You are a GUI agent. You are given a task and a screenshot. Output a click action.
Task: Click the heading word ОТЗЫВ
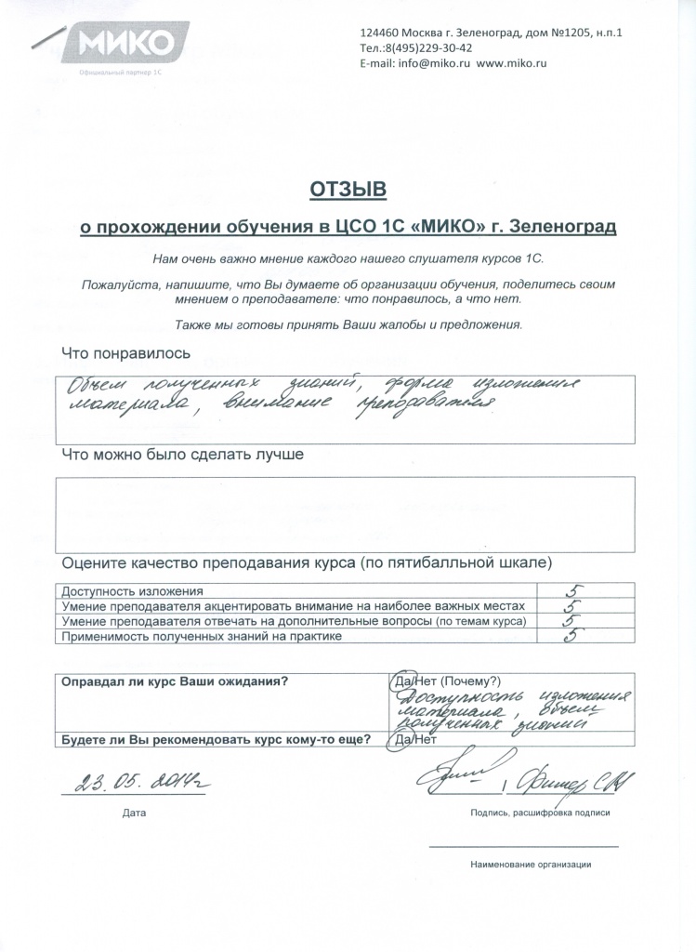click(347, 190)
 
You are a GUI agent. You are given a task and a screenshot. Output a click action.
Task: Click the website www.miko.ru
click(511, 63)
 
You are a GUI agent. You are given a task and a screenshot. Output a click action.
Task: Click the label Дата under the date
click(134, 813)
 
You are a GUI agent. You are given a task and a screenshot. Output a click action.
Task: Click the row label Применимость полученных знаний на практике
click(202, 637)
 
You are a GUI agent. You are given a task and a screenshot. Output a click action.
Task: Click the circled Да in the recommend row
click(402, 740)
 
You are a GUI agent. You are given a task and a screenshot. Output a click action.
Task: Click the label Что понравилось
click(125, 353)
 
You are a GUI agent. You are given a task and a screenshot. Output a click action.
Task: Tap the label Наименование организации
click(531, 864)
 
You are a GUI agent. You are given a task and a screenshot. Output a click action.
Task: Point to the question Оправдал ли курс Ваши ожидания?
click(175, 681)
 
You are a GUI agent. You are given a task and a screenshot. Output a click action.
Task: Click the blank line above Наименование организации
click(523, 846)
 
